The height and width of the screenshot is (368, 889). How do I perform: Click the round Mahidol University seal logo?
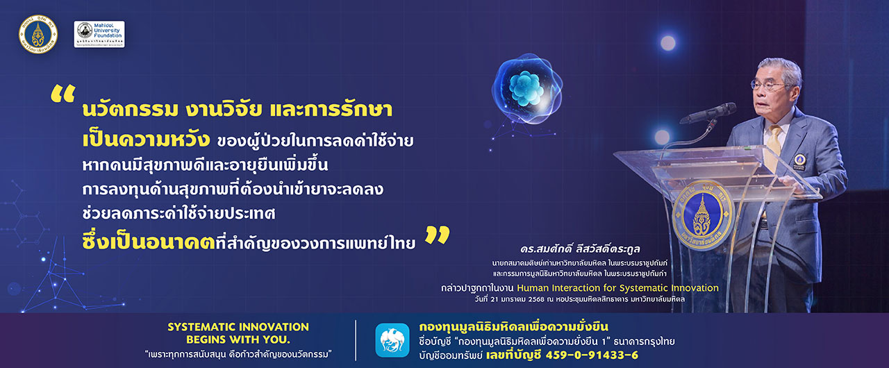(38, 34)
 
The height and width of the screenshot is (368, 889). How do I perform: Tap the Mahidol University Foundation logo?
(99, 34)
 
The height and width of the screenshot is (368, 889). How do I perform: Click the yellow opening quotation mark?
(63, 94)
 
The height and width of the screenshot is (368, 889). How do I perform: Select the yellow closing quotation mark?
(438, 235)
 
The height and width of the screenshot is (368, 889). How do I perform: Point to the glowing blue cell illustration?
(527, 89)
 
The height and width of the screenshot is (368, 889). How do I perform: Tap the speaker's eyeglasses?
(768, 85)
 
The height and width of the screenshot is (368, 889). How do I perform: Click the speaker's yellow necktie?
(772, 147)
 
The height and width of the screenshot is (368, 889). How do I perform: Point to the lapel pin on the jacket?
(799, 160)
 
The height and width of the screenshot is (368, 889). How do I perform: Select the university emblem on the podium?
(703, 215)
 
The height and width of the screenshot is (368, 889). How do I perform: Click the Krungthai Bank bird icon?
(392, 340)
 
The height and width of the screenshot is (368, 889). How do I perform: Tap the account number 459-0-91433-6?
(592, 355)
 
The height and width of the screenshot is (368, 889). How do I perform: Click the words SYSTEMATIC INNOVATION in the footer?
(238, 327)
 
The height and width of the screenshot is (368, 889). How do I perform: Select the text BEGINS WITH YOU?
(238, 340)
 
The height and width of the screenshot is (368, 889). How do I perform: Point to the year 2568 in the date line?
(536, 299)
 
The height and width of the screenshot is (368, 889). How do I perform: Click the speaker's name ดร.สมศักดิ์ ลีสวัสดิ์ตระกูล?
(580, 249)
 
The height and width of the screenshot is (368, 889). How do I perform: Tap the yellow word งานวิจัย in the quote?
(224, 110)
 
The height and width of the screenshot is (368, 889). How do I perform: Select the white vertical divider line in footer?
(356, 340)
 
